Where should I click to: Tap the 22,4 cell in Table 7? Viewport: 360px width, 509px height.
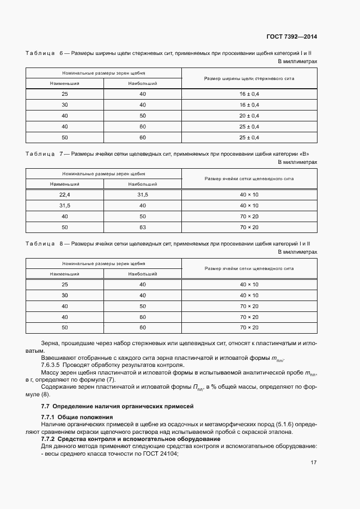[x=65, y=195]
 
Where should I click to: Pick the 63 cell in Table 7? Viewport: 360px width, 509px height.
[x=143, y=227]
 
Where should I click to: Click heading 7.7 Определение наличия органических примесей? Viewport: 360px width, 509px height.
[x=117, y=407]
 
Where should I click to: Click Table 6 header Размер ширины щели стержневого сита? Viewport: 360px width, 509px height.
[x=249, y=79]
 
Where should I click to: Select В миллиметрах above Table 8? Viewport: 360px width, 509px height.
[x=297, y=252]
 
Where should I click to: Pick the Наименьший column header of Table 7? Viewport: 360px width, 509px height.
[x=65, y=185]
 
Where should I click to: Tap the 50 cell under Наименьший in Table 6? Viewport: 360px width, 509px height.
[x=65, y=137]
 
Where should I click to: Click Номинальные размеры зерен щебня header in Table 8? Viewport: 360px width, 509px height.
[x=103, y=263]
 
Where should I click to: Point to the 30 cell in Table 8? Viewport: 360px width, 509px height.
[x=65, y=296]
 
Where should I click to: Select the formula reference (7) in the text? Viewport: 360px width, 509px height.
[x=111, y=379]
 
